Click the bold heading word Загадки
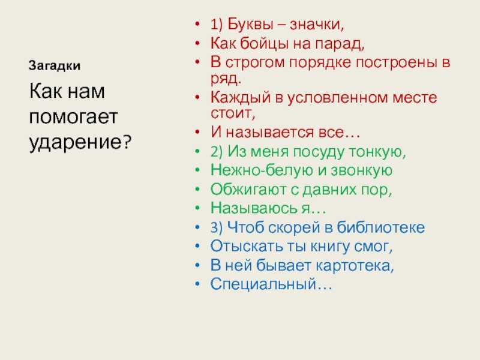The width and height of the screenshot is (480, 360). coord(55,66)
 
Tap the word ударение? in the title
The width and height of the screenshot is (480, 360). coord(80,143)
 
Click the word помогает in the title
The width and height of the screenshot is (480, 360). coord(73,117)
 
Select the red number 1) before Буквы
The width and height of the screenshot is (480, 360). coord(217,25)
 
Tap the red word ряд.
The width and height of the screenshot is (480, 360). coord(226,79)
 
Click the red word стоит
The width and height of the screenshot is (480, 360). coord(232,113)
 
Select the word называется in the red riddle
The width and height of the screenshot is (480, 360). coord(270,133)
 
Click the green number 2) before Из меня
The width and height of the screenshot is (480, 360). coord(217,152)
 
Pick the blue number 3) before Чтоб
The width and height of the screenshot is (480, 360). coord(217,228)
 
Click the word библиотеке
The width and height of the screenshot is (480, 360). coord(381,227)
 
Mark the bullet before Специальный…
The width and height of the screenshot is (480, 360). coord(197,284)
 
